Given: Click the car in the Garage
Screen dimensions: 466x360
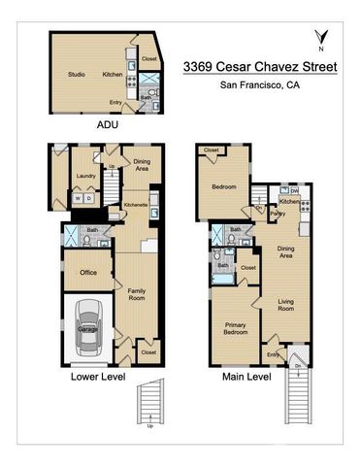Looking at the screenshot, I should pyautogui.click(x=87, y=329).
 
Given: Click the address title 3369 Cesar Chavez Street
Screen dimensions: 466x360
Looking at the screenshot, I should pyautogui.click(x=261, y=67).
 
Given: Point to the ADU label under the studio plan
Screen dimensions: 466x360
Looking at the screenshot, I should pyautogui.click(x=108, y=125).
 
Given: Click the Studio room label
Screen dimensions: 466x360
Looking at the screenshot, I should pyautogui.click(x=78, y=74).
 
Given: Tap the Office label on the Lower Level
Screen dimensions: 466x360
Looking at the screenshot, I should pyautogui.click(x=88, y=272).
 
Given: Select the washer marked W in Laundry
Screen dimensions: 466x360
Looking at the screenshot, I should pyautogui.click(x=79, y=198).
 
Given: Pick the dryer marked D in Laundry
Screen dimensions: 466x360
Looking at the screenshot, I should pyautogui.click(x=89, y=198).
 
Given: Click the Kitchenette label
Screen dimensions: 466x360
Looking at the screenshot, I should pyautogui.click(x=137, y=205).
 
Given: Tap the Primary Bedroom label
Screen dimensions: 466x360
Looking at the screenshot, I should pyautogui.click(x=236, y=328).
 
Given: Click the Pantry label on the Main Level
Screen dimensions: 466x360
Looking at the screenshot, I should pyautogui.click(x=278, y=212).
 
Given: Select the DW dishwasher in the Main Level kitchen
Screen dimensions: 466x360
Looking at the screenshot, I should pyautogui.click(x=293, y=191).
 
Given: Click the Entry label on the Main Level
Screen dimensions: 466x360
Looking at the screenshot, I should pyautogui.click(x=274, y=354).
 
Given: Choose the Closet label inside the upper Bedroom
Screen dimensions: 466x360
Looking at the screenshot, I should pyautogui.click(x=211, y=150).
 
